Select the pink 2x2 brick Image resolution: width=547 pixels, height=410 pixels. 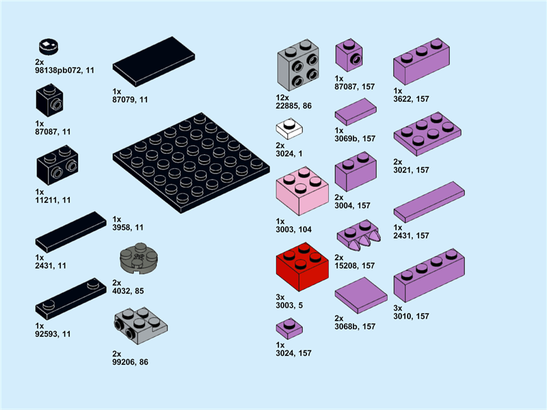tap(302, 191)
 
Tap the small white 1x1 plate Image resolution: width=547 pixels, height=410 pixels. tap(289, 128)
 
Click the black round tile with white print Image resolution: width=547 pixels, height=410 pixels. tap(48, 46)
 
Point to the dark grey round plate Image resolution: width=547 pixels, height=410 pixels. tap(139, 257)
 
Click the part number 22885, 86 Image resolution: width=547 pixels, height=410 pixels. tap(293, 106)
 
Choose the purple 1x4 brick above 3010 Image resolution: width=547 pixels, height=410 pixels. tap(429, 275)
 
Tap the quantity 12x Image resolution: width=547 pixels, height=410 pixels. tap(282, 98)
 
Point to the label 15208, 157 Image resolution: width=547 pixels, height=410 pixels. tap(355, 266)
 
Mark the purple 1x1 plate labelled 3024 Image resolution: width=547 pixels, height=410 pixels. tap(289, 328)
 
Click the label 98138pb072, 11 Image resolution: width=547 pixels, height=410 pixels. tap(64, 70)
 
